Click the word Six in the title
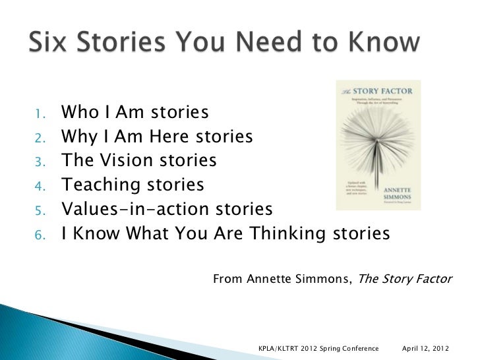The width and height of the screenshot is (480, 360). coord(50,43)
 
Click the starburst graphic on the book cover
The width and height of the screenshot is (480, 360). coord(378,142)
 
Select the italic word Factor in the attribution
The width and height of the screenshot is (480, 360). coord(432,279)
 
